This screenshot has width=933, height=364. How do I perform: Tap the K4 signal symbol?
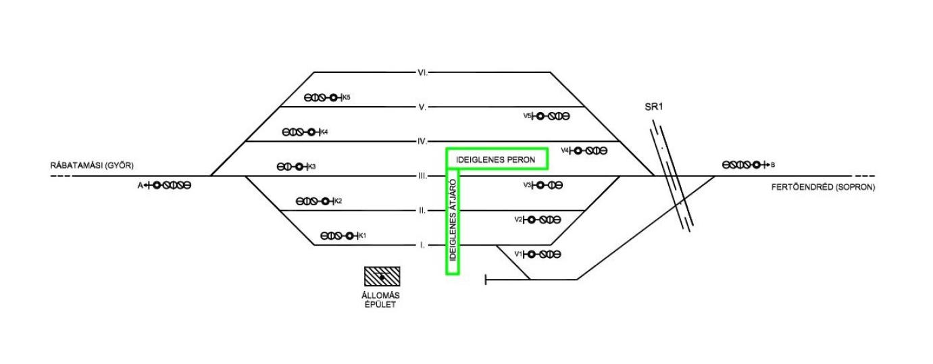tap(303, 132)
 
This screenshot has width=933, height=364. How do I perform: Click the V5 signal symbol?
tap(549, 116)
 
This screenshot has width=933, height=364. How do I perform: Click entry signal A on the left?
tap(167, 184)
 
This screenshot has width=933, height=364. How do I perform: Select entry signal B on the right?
tap(747, 164)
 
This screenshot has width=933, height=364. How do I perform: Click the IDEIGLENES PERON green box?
tap(497, 159)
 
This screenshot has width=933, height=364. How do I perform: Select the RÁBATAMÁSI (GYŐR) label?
tap(92, 165)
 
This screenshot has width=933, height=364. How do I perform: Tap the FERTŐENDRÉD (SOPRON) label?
tap(822, 187)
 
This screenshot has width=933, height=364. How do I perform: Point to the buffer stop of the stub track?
tap(486, 279)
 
